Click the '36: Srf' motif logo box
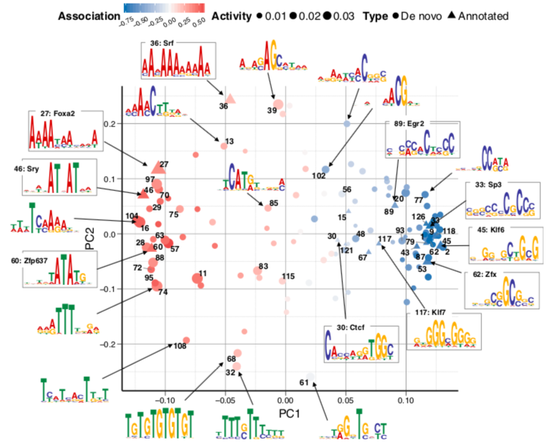click(177, 61)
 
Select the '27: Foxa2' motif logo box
click(63, 130)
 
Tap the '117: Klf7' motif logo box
click(443, 329)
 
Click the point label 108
click(179, 347)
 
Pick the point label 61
click(303, 382)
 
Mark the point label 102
click(319, 176)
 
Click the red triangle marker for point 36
click(230, 98)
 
